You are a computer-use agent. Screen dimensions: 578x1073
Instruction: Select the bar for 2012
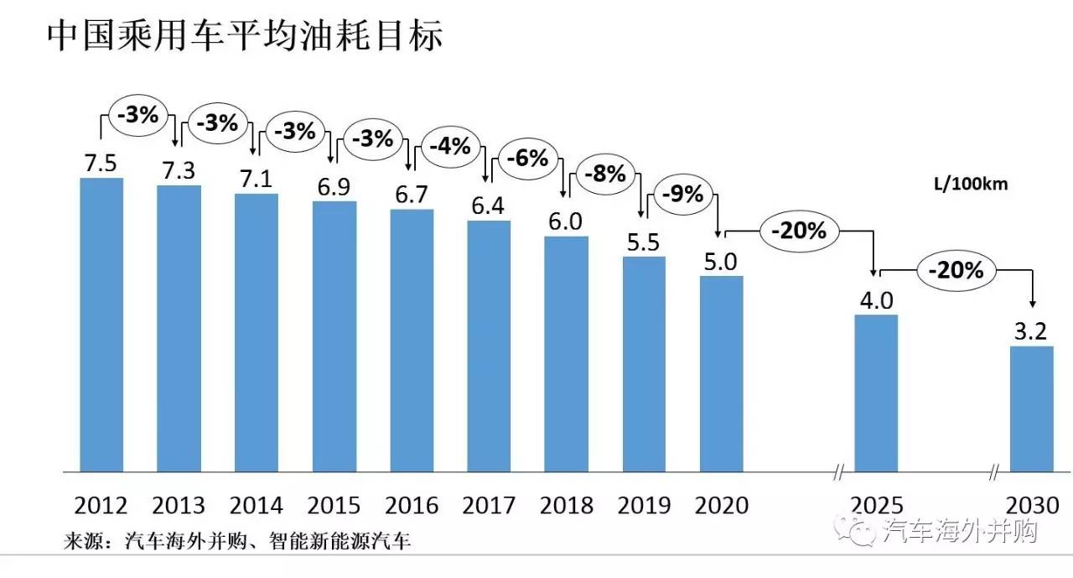pyautogui.click(x=101, y=324)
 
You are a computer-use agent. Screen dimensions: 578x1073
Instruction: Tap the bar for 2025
pyautogui.click(x=876, y=393)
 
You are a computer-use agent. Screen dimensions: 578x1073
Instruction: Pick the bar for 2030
pyautogui.click(x=1031, y=408)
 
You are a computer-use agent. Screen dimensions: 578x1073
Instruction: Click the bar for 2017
pyautogui.click(x=489, y=345)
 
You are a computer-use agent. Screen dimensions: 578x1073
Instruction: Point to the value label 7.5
pyautogui.click(x=101, y=163)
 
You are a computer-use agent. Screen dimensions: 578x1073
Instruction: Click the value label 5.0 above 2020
pyautogui.click(x=720, y=262)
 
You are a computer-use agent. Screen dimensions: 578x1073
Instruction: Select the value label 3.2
pyautogui.click(x=1030, y=331)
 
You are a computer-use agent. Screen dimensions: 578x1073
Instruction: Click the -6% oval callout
pyautogui.click(x=526, y=158)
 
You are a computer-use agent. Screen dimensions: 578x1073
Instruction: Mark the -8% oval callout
pyautogui.click(x=604, y=174)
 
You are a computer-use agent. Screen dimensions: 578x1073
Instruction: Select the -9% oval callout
pyautogui.click(x=682, y=194)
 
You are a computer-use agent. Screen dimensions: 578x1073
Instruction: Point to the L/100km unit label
pyautogui.click(x=970, y=185)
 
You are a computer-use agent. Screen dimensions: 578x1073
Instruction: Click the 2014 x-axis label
pyautogui.click(x=257, y=505)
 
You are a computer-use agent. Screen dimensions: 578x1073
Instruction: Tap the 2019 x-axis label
pyautogui.click(x=644, y=505)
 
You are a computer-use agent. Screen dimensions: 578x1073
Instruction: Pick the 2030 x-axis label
pyautogui.click(x=1032, y=505)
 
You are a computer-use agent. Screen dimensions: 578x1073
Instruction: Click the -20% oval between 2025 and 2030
pyautogui.click(x=955, y=270)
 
